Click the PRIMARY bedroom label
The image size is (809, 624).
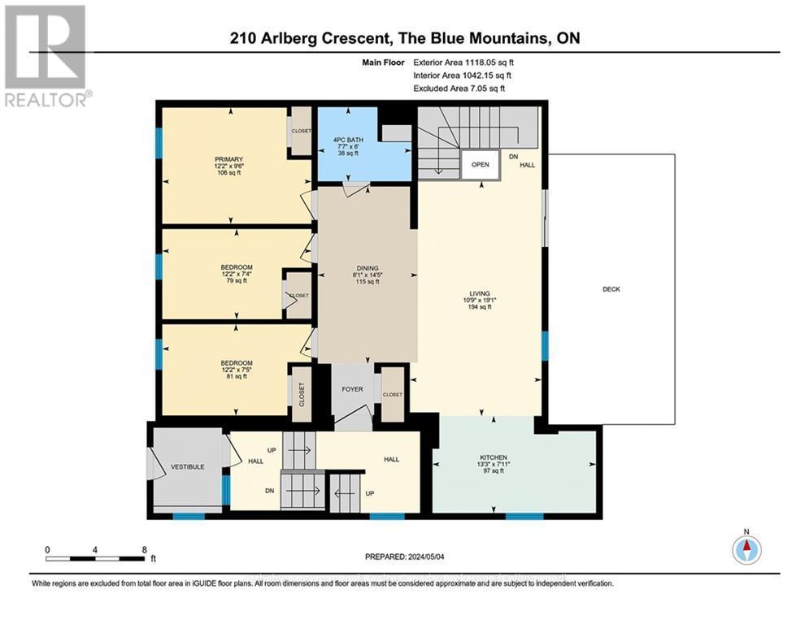coord(229,159)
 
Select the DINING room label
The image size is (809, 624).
coord(368,269)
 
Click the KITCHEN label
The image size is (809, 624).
coord(493,458)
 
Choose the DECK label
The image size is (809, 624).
coord(611,289)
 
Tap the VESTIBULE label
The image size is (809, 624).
coord(187,467)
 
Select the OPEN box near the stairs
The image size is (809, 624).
coord(481,164)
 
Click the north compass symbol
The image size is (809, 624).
coord(746,550)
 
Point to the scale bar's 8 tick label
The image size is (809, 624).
coord(144,548)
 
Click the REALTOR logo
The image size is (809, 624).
coord(46,56)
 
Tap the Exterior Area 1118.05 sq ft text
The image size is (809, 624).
coord(463,61)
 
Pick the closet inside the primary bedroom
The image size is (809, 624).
coord(302,131)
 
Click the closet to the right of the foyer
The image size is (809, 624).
coord(393,395)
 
